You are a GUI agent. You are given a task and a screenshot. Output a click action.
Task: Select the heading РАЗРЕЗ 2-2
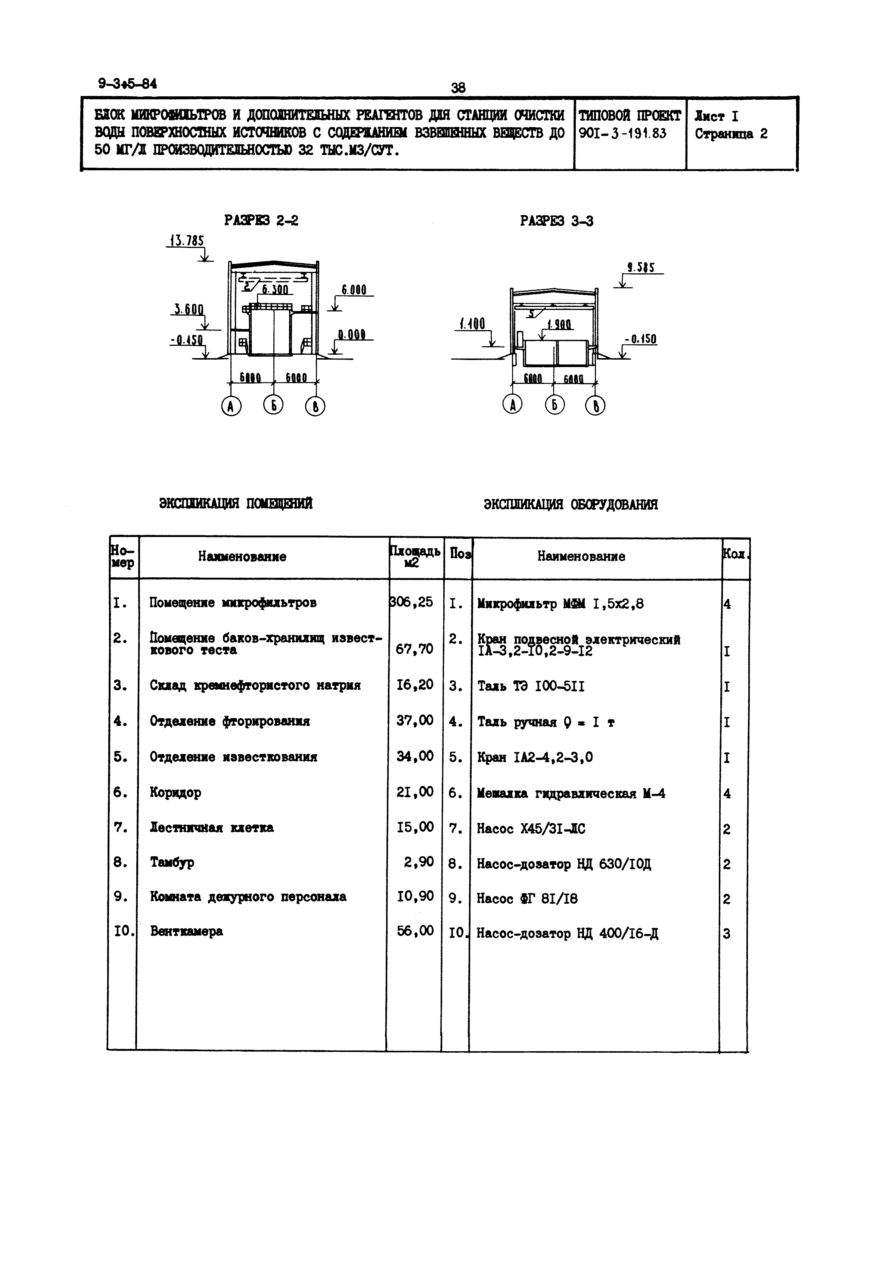(x=261, y=221)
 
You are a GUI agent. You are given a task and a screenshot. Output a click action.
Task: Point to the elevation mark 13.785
(x=187, y=241)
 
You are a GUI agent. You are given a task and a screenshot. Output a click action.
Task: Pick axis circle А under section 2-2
(x=231, y=406)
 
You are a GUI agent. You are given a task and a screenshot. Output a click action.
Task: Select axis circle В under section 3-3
(x=595, y=405)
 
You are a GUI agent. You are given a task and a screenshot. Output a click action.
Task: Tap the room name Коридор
(x=175, y=792)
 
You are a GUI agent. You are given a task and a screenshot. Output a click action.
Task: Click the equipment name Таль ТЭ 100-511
(x=531, y=686)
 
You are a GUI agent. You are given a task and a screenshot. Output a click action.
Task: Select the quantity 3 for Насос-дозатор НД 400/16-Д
(x=727, y=934)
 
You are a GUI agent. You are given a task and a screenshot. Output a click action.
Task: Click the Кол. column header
(x=735, y=555)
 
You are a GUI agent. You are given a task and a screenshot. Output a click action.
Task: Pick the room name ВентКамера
(x=186, y=931)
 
